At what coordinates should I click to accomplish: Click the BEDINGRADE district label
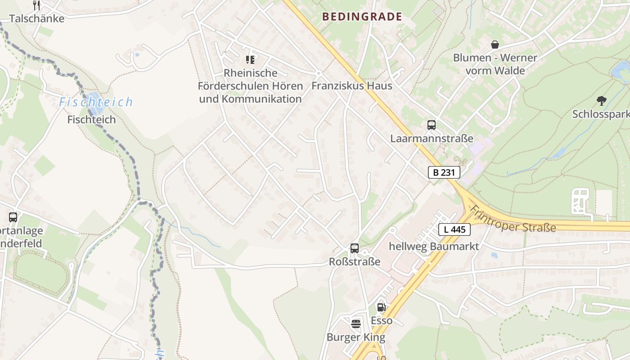coord(362,17)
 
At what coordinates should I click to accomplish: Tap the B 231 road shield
coord(444,172)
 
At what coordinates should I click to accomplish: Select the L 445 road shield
coord(454,229)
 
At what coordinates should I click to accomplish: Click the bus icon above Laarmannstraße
coord(431,125)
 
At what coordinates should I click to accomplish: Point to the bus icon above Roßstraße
coord(355,248)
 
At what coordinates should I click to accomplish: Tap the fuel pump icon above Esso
coord(381,307)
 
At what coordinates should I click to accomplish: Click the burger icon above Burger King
coord(356,323)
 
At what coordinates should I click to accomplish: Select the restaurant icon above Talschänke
coord(37,5)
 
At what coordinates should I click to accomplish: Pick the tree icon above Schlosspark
coord(601,101)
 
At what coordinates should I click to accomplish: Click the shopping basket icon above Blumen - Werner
coord(495,45)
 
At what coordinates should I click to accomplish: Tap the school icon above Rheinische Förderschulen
coord(250,59)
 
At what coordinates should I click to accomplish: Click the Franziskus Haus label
coord(352,86)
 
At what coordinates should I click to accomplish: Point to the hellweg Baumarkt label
coord(434,247)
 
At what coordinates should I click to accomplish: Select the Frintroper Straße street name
coord(513,220)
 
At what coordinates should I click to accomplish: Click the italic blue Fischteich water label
coord(96,102)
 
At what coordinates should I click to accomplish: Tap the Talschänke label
coord(37,19)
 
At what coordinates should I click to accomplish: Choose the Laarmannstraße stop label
coord(432,139)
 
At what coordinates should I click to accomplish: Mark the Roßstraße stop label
coord(355,261)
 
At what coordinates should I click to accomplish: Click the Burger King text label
coord(356,337)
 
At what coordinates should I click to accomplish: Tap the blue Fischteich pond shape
coord(95,103)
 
